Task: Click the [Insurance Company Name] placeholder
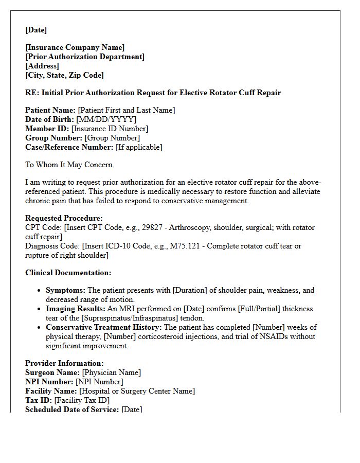tap(75, 47)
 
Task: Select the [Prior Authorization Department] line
tap(85, 57)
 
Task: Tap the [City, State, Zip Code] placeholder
tap(64, 75)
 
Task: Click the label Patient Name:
tap(50, 110)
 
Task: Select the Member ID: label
tap(47, 129)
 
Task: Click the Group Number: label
tap(53, 138)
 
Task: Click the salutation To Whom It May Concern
tap(69, 165)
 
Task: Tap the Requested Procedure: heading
tap(64, 218)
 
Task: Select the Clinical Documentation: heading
tap(68, 273)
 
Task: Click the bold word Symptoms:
tap(66, 290)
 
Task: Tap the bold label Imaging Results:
tap(75, 309)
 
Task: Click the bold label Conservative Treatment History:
tap(104, 327)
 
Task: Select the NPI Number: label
tap(49, 382)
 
